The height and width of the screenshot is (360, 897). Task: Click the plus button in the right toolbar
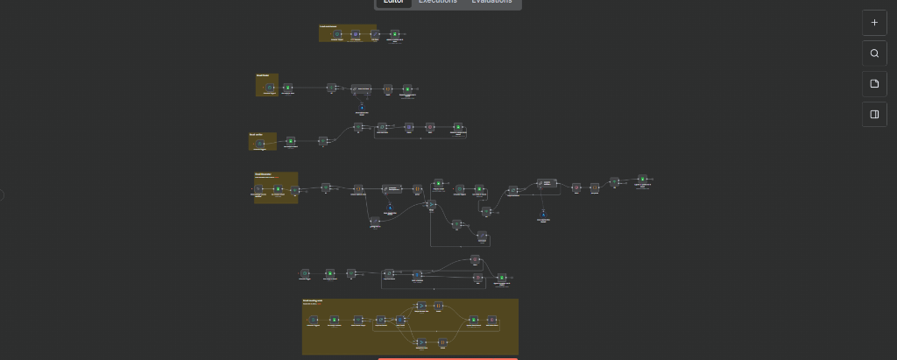(874, 23)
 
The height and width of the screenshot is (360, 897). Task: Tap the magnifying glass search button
(874, 53)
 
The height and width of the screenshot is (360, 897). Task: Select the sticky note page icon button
(874, 84)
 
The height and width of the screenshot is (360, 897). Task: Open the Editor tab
(393, 2)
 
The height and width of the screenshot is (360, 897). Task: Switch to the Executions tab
(437, 2)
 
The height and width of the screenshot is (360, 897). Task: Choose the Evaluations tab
(491, 2)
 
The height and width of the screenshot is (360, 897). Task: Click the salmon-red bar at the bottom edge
(448, 357)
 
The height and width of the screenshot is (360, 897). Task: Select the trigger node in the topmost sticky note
(337, 34)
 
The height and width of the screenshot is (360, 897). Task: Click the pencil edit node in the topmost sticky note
(375, 34)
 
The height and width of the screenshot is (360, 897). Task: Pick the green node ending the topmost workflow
(394, 34)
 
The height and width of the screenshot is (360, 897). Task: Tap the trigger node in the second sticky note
(270, 88)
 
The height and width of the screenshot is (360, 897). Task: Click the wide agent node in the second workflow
(362, 88)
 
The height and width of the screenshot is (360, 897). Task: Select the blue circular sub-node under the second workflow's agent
(362, 106)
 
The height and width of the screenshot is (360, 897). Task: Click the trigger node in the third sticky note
(261, 144)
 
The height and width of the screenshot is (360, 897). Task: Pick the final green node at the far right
(642, 179)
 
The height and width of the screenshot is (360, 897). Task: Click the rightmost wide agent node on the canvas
(545, 183)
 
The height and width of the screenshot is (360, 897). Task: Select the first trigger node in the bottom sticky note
(313, 320)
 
